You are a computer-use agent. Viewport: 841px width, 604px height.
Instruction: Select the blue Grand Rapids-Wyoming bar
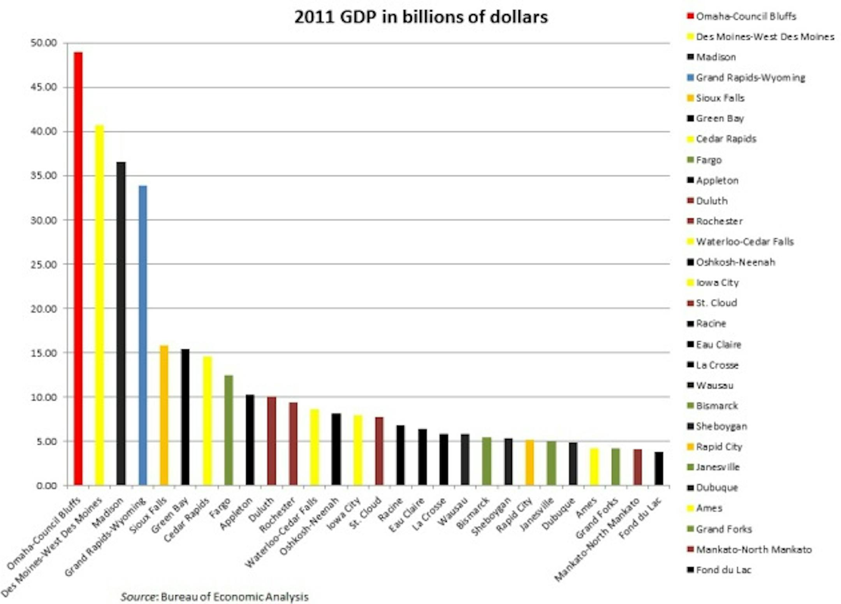[143, 335]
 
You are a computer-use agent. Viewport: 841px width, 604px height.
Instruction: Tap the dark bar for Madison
[121, 323]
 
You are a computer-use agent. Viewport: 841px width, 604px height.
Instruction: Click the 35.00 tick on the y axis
[44, 176]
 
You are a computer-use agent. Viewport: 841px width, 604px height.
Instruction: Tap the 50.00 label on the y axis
[44, 43]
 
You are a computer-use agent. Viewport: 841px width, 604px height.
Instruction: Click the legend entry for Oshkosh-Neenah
[735, 262]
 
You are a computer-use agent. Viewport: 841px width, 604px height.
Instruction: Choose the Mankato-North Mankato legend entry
[753, 549]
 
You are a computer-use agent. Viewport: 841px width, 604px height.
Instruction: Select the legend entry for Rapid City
[719, 447]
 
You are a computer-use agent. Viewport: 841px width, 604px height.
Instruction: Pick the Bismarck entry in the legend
[716, 406]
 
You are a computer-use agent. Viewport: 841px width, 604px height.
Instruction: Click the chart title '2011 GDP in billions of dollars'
[421, 17]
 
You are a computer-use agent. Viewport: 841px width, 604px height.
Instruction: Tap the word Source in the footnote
[138, 597]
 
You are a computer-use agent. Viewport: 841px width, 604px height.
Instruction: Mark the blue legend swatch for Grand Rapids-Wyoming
[691, 78]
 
